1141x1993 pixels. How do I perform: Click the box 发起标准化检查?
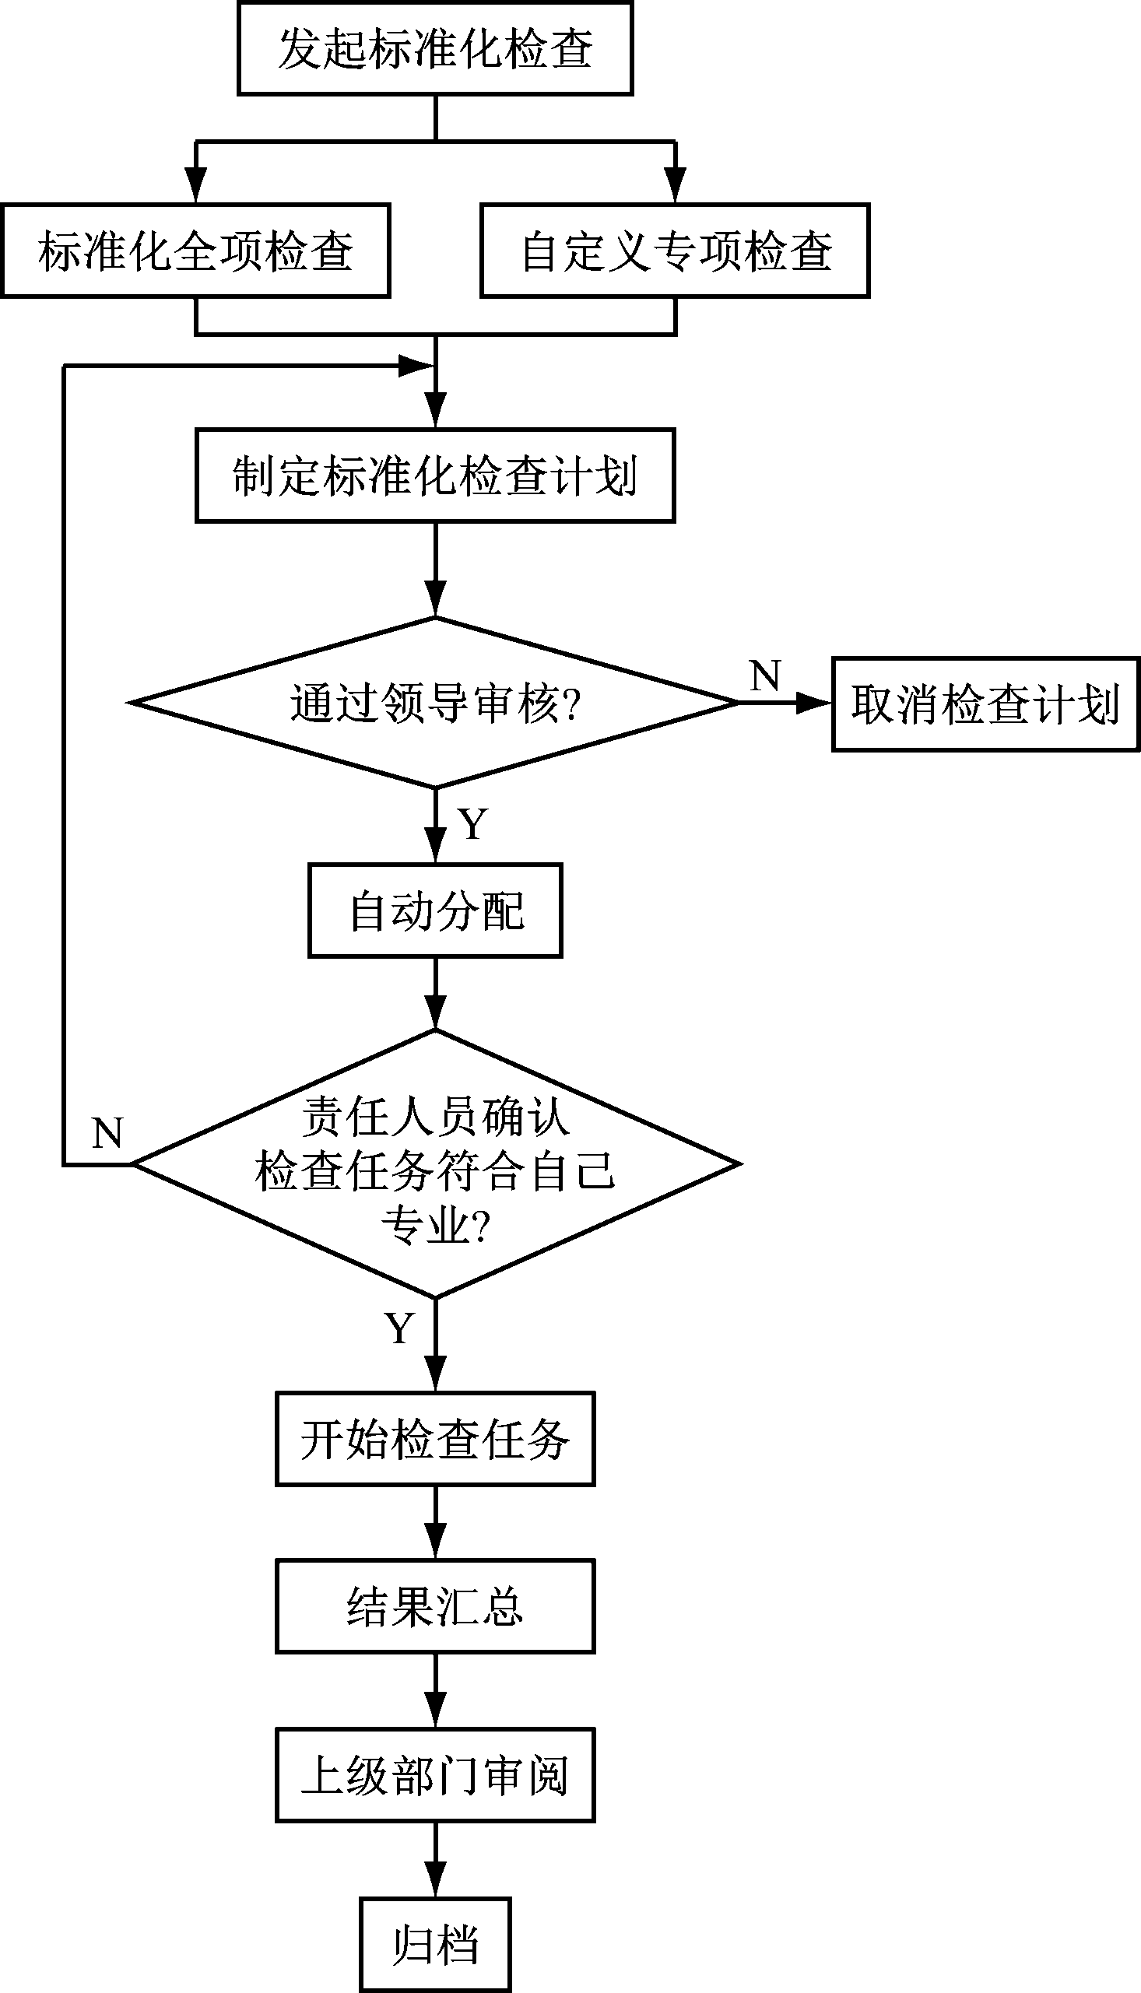click(435, 48)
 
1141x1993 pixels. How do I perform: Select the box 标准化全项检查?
click(195, 251)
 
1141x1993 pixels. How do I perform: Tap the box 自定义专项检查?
click(675, 251)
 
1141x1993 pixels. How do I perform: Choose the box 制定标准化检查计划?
click(435, 475)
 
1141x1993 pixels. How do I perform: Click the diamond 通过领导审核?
click(435, 703)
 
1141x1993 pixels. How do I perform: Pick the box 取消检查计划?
click(985, 704)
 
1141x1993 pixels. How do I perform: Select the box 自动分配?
click(435, 911)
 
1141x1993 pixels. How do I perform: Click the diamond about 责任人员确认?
click(435, 1164)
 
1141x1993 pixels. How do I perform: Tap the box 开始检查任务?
click(435, 1439)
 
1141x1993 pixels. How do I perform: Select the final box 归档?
click(435, 1944)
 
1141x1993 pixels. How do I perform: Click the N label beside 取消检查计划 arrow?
click(765, 675)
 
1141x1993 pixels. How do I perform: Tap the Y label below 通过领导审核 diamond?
click(473, 824)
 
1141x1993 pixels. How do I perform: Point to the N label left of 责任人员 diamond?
click(107, 1133)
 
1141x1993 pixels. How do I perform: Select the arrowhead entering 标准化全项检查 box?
click(195, 187)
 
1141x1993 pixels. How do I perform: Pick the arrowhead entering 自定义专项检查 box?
click(675, 187)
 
